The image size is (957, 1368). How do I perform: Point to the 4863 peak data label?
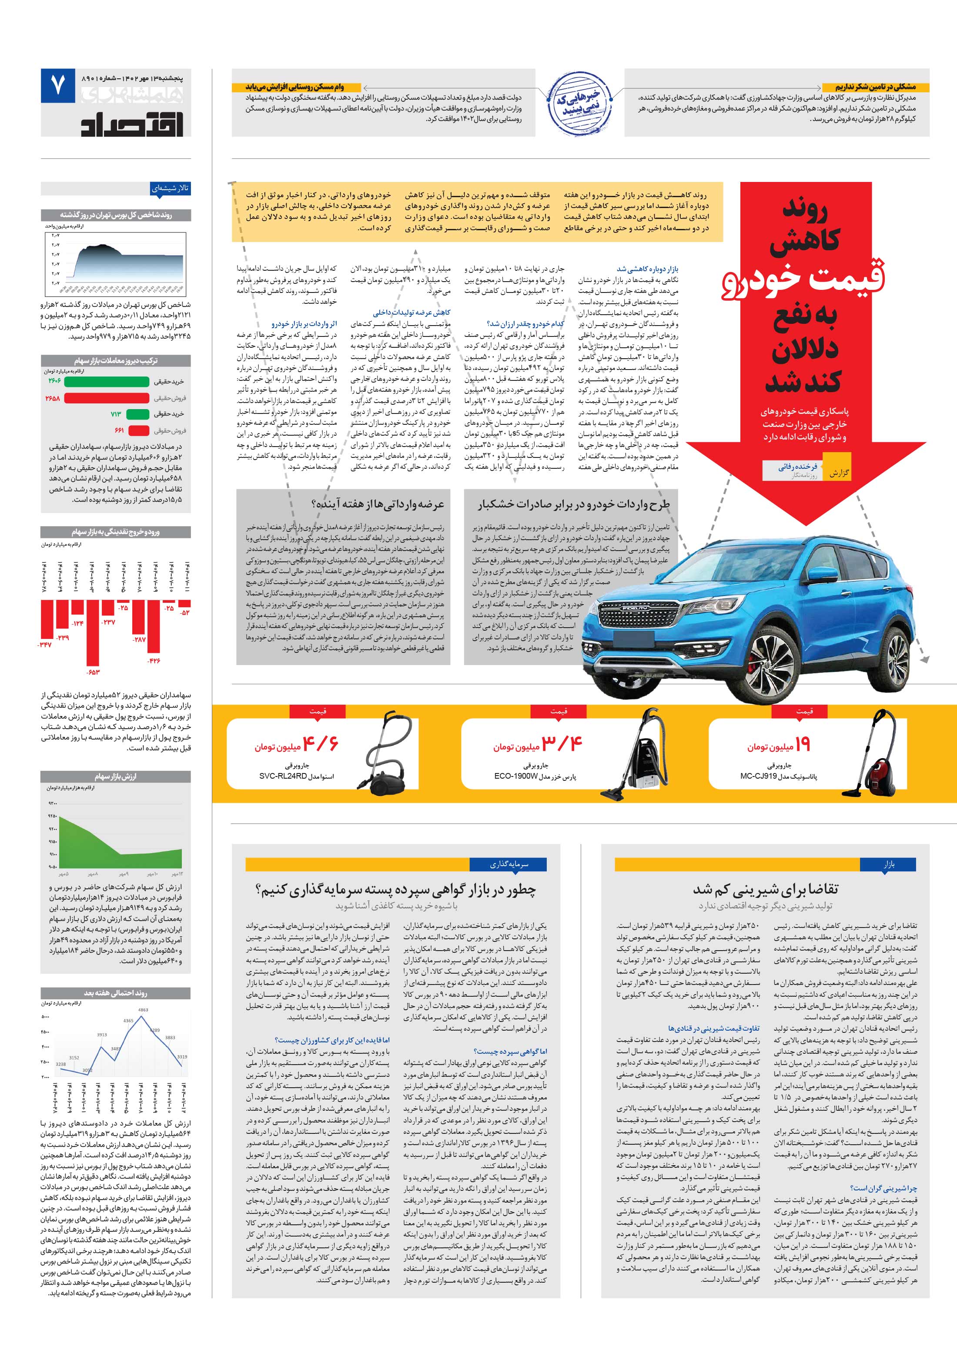pyautogui.click(x=143, y=1010)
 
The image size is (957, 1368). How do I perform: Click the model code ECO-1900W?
pyautogui.click(x=516, y=777)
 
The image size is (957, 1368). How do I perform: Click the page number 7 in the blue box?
pyautogui.click(x=58, y=86)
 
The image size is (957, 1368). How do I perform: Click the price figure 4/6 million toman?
pyautogui.click(x=320, y=744)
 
